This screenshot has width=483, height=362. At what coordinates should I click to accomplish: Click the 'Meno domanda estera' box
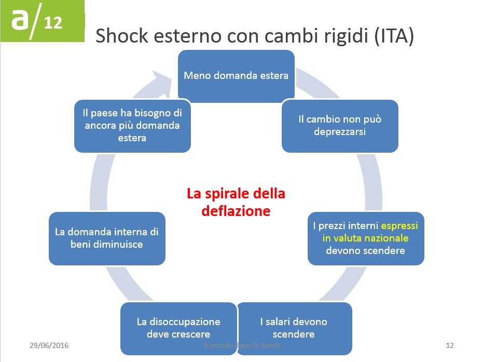tap(236, 76)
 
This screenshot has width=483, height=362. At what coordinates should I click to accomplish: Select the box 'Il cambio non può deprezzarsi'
tap(340, 126)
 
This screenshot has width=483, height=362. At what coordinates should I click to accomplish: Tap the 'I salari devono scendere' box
tap(294, 328)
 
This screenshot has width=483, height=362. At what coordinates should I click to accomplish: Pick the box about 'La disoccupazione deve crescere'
tap(178, 328)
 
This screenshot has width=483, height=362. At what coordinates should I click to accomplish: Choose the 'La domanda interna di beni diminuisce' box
tap(107, 238)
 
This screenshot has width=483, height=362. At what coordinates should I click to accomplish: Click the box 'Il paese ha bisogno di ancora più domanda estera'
tap(132, 125)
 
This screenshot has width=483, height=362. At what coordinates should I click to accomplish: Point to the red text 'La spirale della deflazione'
tap(236, 203)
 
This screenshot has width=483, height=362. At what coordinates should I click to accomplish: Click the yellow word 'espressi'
tap(399, 226)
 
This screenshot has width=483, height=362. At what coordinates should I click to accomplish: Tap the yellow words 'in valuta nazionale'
tap(365, 238)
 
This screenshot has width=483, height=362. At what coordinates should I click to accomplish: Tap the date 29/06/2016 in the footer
tap(49, 345)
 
